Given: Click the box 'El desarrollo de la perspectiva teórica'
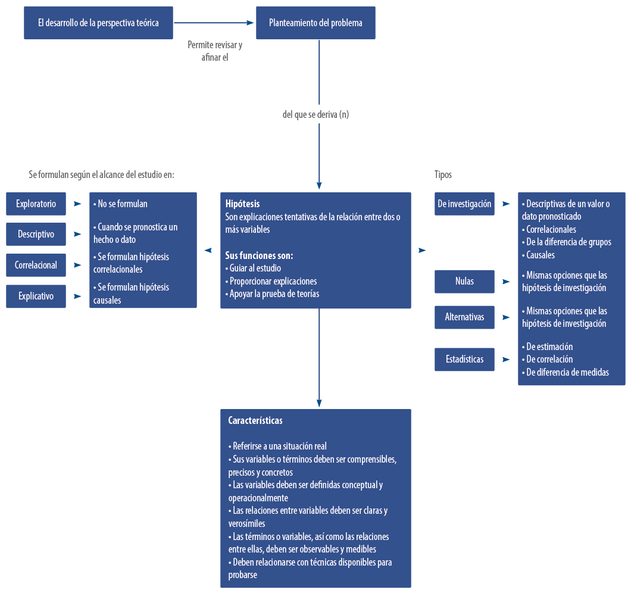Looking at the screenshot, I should [98, 23].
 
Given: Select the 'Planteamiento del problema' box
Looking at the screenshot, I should [315, 23].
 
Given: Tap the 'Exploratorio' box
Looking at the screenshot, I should [36, 204].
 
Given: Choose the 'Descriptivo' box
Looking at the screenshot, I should [36, 234].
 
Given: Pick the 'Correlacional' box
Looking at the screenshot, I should [36, 265].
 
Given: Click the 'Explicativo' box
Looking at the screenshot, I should [36, 296].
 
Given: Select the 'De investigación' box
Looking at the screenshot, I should [464, 204].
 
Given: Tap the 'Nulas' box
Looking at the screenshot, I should [464, 281].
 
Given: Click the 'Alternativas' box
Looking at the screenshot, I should [464, 317].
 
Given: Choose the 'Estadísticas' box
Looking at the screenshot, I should [464, 359].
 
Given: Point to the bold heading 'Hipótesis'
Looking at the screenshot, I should [242, 204].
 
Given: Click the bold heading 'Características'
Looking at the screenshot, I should [255, 420].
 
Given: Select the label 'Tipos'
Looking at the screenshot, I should [443, 174].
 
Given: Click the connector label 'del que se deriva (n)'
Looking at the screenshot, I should [315, 114].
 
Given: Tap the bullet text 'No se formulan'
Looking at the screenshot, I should [122, 204].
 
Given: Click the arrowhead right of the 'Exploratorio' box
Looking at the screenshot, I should [77, 204].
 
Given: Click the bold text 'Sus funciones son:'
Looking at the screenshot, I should [259, 255].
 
